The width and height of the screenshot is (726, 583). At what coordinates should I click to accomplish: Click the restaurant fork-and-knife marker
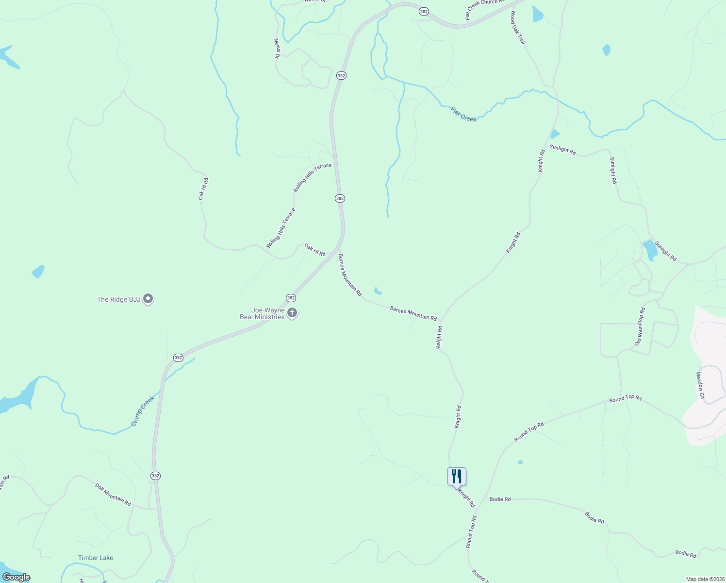[457, 476]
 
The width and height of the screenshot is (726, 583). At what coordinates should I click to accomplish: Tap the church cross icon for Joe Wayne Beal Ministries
[292, 313]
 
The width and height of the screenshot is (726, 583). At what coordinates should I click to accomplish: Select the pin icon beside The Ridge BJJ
[148, 299]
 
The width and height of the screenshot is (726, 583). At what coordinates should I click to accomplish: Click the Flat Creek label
[463, 114]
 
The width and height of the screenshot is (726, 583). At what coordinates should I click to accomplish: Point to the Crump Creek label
[143, 411]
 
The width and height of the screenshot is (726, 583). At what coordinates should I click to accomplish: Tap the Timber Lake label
[96, 558]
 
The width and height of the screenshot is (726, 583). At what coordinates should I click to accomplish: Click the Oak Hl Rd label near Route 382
[315, 250]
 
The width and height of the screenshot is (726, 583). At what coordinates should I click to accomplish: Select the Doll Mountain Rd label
[113, 494]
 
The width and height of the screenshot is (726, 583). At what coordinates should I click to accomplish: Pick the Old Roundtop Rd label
[640, 326]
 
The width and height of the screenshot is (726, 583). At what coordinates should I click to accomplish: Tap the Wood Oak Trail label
[517, 28]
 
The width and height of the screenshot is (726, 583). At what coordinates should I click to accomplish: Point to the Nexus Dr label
[277, 49]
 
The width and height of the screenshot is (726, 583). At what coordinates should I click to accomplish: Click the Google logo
[16, 577]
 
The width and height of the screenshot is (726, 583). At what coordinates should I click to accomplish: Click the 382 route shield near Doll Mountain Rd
[155, 476]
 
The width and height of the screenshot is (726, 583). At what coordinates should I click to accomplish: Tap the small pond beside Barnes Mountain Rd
[378, 291]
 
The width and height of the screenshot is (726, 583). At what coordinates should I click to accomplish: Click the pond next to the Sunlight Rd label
[649, 250]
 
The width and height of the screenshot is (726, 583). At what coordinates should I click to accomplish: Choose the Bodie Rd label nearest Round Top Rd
[500, 499]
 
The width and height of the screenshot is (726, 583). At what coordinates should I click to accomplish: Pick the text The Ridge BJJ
[119, 299]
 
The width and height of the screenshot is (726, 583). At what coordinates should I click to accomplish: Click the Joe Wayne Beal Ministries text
[262, 313]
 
